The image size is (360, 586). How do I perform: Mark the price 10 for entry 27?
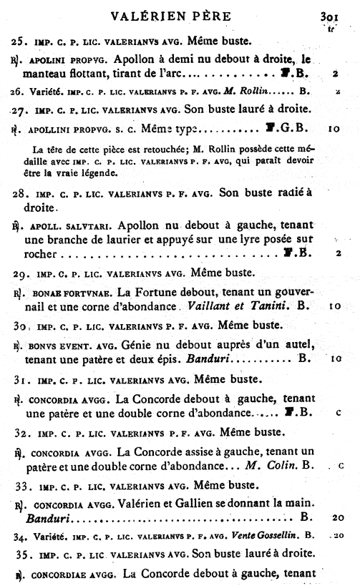point(335,130)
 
